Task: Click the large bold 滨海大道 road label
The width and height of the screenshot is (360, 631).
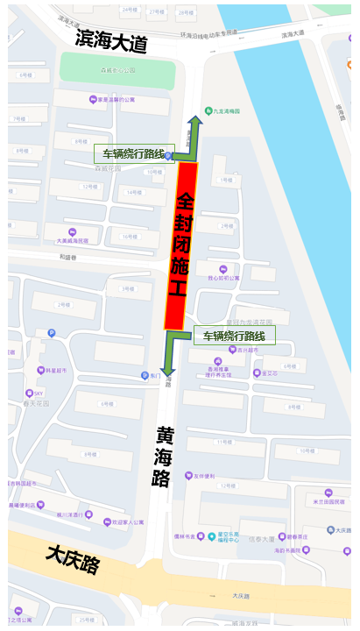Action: (111, 39)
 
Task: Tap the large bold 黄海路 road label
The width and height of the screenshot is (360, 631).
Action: (164, 470)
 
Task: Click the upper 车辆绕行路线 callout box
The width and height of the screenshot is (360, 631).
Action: (134, 153)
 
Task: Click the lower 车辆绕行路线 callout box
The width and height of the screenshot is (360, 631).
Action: (234, 336)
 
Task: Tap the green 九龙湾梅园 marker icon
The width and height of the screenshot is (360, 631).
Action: (208, 110)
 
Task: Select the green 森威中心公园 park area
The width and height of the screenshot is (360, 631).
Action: (93, 67)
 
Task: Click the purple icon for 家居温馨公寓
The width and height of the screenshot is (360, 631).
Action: (93, 99)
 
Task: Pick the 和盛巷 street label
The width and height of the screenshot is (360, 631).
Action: (69, 257)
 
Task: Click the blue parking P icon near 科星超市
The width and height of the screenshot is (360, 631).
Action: (52, 333)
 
